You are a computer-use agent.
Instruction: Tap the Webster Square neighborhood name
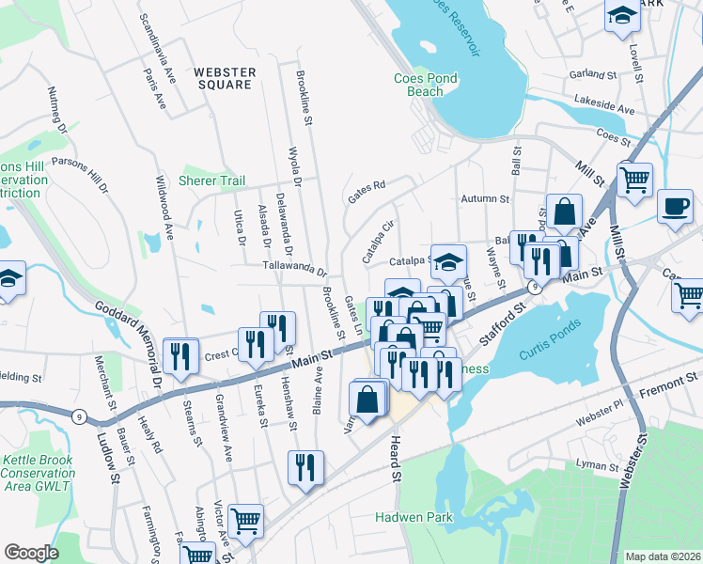click(224, 78)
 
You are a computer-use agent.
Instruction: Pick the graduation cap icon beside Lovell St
click(621, 16)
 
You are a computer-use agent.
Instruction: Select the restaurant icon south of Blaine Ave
click(305, 466)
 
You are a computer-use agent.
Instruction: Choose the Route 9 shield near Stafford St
click(533, 289)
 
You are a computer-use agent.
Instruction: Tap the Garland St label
click(592, 73)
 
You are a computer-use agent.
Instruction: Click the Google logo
click(32, 553)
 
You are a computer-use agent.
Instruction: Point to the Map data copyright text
click(662, 556)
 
